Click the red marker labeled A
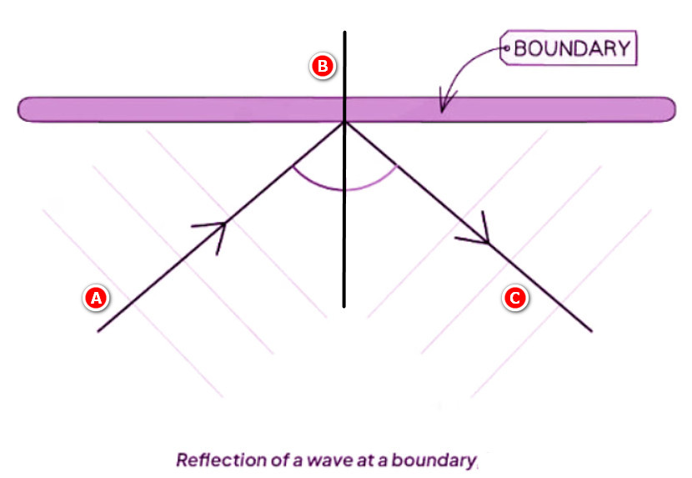click(96, 298)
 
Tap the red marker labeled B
click(323, 66)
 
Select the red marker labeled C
click(515, 298)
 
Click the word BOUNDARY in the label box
click(573, 48)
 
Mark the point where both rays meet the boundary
click(344, 123)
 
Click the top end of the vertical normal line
click(344, 32)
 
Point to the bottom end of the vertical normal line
click(344, 307)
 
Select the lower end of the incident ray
click(98, 331)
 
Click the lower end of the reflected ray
click(591, 330)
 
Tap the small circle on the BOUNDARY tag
click(507, 48)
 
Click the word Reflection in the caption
click(222, 460)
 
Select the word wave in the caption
click(329, 460)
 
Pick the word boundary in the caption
click(434, 460)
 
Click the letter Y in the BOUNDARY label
click(623, 48)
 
